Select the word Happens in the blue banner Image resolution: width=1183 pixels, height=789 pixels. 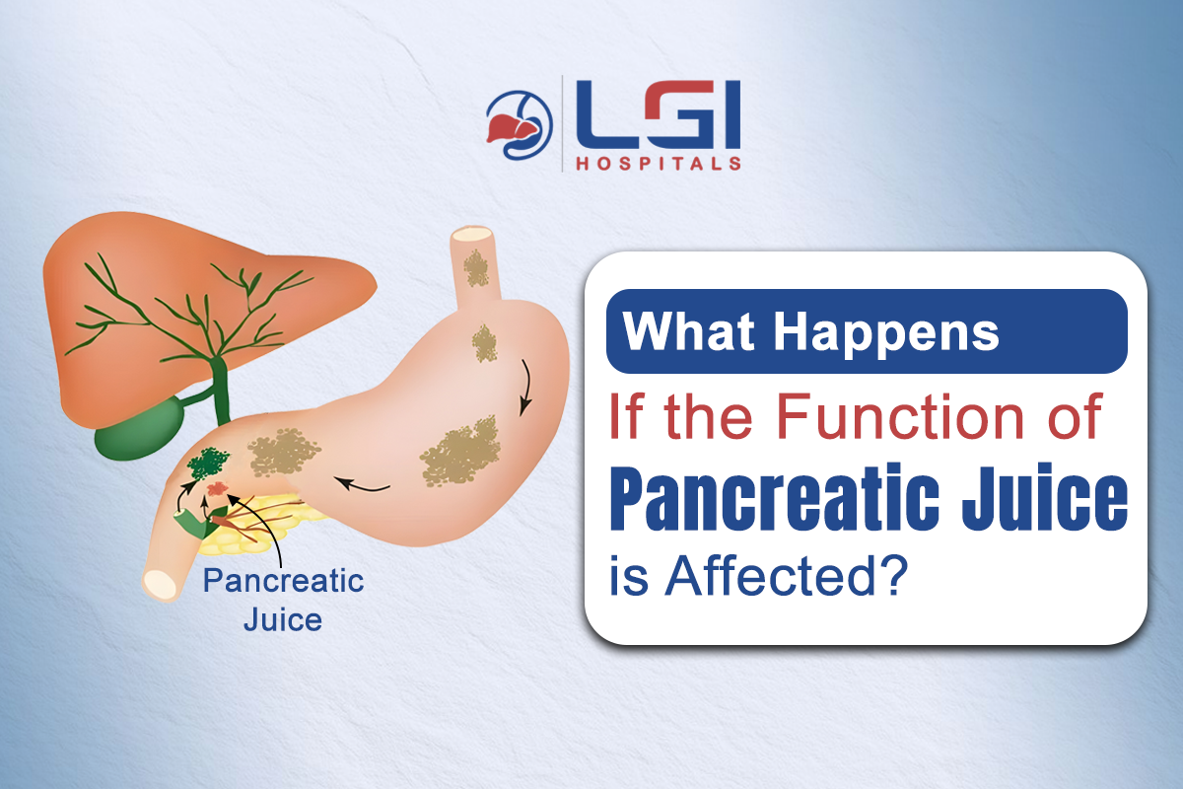886,331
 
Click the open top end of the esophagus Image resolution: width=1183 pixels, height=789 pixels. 471,238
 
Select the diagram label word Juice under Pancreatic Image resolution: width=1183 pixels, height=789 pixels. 283,620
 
